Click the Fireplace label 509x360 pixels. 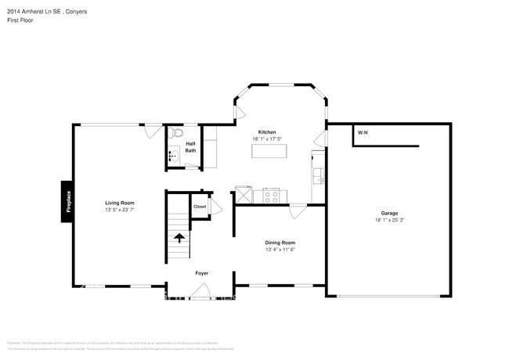(68, 202)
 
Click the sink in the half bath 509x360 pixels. (173, 157)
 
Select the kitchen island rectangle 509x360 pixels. (269, 149)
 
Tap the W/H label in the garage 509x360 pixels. (363, 133)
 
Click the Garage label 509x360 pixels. (389, 214)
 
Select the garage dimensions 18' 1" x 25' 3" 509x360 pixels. (389, 220)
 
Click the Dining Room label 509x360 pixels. (280, 243)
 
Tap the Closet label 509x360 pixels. (200, 207)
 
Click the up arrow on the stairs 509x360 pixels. (179, 237)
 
